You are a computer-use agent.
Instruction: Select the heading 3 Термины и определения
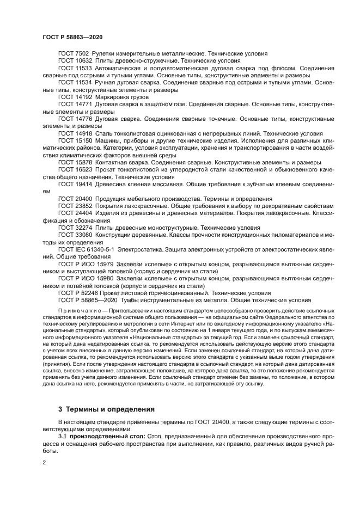[x=106, y=408]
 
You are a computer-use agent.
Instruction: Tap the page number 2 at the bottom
[x=45, y=462]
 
